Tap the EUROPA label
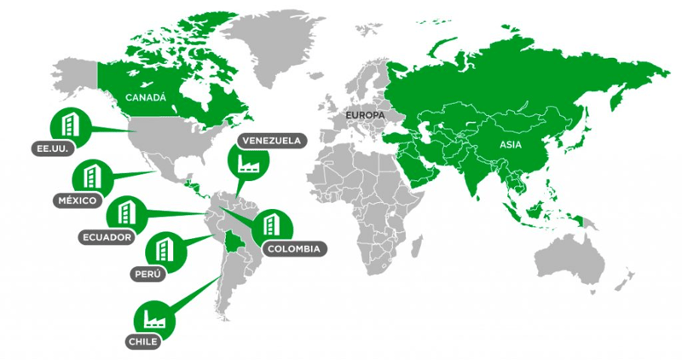tap(365, 114)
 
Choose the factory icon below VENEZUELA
tap(248, 164)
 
